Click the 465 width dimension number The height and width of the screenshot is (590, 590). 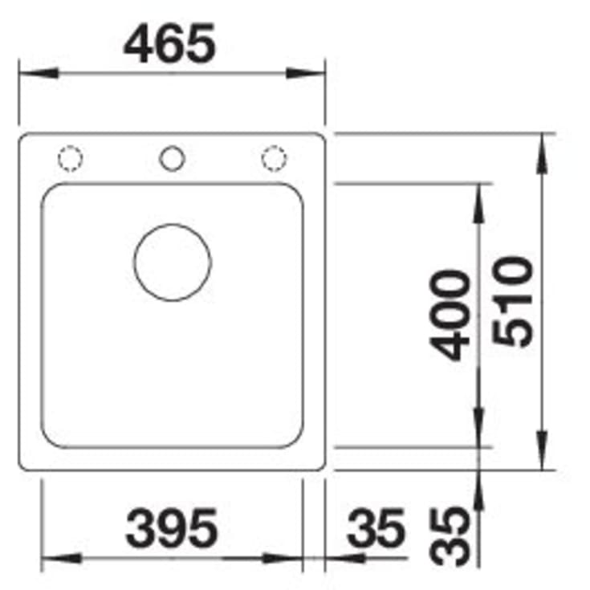click(169, 43)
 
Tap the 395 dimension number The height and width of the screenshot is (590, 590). click(172, 528)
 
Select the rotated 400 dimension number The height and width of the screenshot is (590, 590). click(450, 315)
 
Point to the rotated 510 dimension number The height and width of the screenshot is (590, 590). click(512, 301)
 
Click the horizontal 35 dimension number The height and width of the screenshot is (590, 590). click(376, 528)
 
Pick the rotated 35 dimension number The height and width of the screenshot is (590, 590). click(450, 536)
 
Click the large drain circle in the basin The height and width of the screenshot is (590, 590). click(173, 262)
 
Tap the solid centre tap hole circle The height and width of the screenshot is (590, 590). click(172, 158)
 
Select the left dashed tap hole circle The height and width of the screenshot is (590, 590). click(71, 158)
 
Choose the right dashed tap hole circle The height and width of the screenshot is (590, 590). click(274, 158)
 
